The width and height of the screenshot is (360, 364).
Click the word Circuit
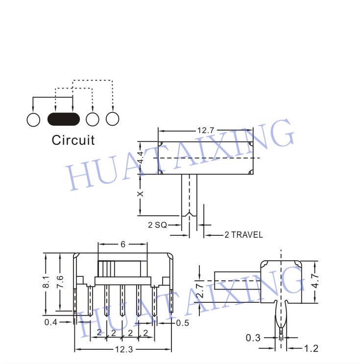tap(73, 140)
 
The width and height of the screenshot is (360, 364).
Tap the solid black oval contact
tap(64, 119)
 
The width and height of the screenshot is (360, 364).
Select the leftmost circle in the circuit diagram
tap(33, 120)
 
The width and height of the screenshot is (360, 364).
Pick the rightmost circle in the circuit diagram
tap(113, 119)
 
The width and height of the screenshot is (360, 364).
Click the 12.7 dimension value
tap(205, 131)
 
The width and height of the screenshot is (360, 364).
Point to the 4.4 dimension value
tap(141, 157)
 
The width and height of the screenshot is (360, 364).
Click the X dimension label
tap(141, 194)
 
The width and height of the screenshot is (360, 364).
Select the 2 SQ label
tap(158, 225)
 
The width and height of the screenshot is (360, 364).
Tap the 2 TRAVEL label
tap(243, 235)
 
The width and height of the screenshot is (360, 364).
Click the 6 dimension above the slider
tap(123, 244)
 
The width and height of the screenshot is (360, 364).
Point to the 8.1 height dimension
tap(46, 282)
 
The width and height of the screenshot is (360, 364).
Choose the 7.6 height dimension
tap(60, 282)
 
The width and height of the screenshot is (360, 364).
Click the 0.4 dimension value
tap(50, 322)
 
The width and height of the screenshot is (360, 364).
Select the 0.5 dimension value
tap(183, 323)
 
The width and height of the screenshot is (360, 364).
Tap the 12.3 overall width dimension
tap(124, 349)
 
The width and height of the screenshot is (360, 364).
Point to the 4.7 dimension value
tap(315, 280)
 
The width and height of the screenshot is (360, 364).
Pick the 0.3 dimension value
tap(253, 338)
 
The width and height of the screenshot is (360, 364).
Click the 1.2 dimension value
tap(311, 348)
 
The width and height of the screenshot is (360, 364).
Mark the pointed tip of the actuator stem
tap(190, 212)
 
